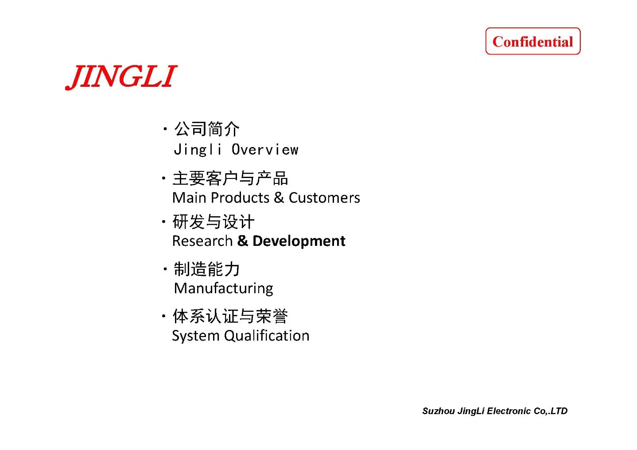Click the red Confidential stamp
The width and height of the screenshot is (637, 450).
532,41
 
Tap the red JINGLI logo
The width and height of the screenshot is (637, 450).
121,77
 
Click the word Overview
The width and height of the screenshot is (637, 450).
265,150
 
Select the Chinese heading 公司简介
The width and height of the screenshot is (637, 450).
207,129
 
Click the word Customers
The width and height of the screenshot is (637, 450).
324,198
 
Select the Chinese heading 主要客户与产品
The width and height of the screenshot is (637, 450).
230,178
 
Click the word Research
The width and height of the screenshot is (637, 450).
202,241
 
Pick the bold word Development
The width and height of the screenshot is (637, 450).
299,241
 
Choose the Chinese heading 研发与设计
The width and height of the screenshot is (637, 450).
213,222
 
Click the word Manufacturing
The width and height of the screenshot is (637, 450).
224,288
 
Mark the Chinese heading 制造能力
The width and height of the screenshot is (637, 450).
207,269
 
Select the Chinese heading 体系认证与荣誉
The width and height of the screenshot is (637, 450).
230,316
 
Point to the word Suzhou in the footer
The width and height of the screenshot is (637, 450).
439,411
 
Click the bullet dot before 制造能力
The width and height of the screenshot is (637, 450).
165,269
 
